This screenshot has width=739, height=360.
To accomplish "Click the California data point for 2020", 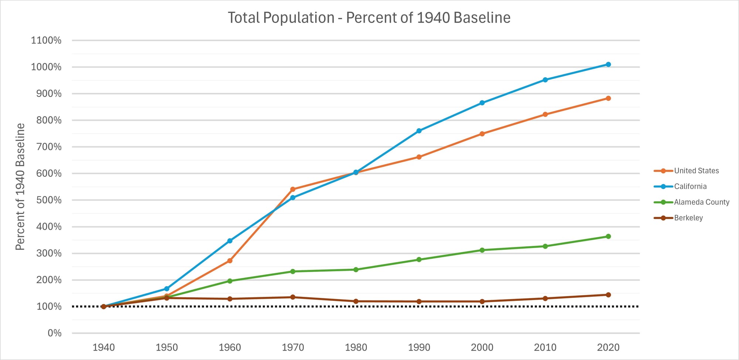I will [608, 65].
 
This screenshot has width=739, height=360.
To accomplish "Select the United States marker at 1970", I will [293, 189].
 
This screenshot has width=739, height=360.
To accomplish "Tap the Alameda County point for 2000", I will [482, 250].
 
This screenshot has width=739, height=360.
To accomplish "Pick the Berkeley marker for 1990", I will [419, 302].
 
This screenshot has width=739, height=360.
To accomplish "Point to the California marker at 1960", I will [230, 241].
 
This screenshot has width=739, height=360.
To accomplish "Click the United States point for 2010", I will [545, 115].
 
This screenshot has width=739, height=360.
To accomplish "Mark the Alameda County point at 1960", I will [230, 281].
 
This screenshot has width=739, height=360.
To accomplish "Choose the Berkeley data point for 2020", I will [608, 295].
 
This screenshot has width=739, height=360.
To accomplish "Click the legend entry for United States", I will [696, 171].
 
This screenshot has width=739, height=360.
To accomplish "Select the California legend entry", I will [690, 187].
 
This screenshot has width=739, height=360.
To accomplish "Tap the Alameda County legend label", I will [701, 202].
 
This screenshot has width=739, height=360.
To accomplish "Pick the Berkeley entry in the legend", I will [688, 218].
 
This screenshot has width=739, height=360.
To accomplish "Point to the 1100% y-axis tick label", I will [46, 40].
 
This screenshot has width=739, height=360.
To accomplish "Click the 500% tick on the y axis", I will [49, 200].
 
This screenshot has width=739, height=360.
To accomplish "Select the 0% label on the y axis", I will [54, 333].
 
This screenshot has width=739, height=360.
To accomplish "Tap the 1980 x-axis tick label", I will [356, 347].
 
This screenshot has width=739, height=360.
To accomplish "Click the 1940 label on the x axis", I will [103, 347].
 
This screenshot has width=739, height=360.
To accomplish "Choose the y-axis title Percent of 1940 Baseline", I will [20, 187].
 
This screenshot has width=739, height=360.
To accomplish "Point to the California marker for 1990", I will [419, 131].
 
